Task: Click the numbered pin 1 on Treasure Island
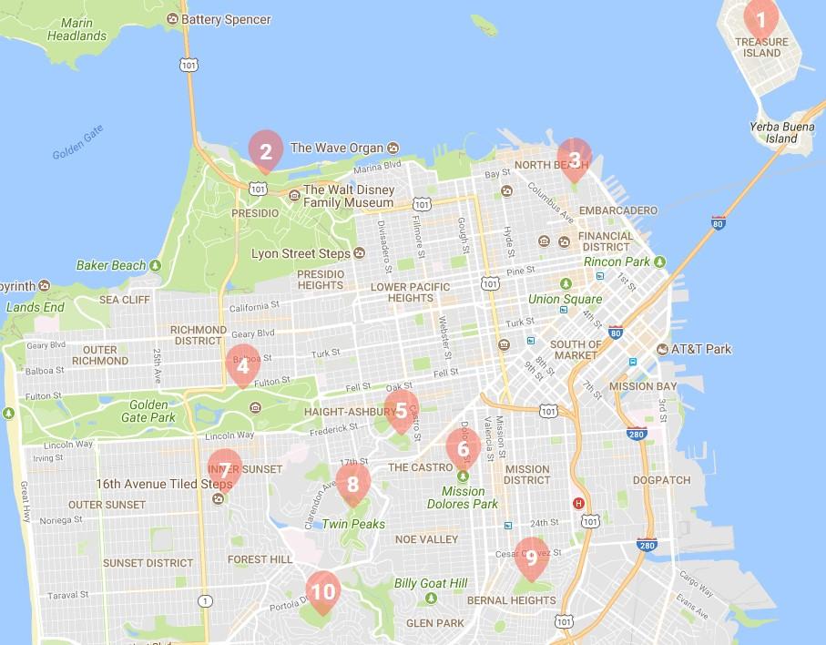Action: point(760,18)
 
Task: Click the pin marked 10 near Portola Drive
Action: point(322,591)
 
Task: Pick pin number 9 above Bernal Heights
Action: point(531,557)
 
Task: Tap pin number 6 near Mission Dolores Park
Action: point(463,448)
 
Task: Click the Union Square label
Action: point(565,299)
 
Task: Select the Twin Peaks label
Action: point(353,524)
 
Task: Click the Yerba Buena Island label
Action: point(773,133)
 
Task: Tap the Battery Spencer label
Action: point(225,19)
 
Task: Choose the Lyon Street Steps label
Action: point(300,253)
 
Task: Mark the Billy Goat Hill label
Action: point(430,583)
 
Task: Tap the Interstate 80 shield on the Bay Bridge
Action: point(719,222)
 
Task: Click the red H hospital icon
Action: point(576,503)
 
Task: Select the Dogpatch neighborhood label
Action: point(661,479)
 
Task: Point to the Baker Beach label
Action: point(110,265)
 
